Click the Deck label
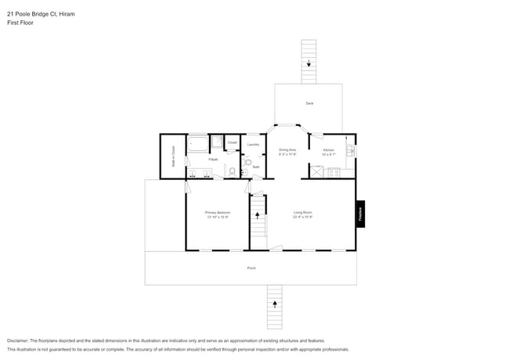[309, 103]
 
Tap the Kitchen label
[329, 149]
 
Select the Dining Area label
[287, 149]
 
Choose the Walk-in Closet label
[172, 157]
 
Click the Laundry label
[253, 145]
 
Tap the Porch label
[251, 268]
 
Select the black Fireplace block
[360, 214]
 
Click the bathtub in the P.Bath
[198, 144]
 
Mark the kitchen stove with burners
[333, 171]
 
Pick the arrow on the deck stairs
[309, 64]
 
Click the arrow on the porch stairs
[274, 302]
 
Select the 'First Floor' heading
[20, 23]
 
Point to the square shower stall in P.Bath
[217, 142]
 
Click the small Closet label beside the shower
[233, 142]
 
